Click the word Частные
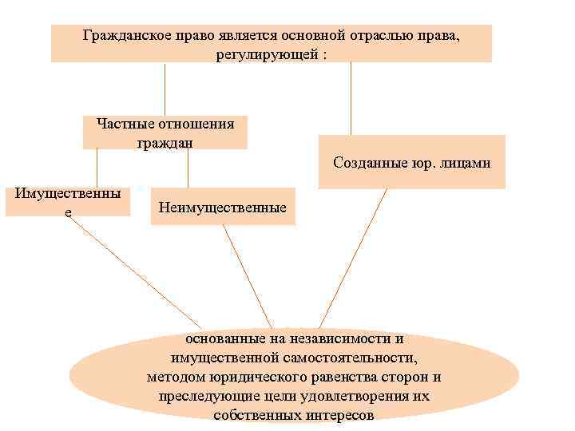click(x=125, y=124)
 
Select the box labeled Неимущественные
click(x=223, y=208)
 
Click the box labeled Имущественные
click(x=68, y=202)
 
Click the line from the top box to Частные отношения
click(x=165, y=89)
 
